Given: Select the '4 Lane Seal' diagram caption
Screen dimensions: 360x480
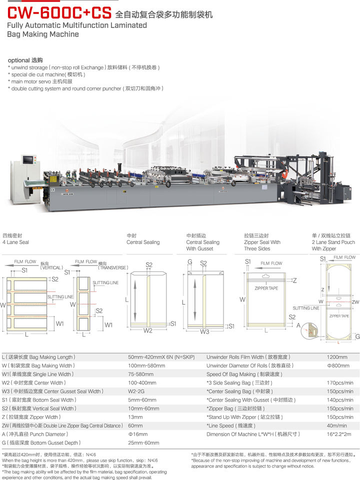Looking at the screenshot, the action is coord(15,242).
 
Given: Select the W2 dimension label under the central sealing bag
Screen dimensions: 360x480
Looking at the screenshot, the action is coord(147,331).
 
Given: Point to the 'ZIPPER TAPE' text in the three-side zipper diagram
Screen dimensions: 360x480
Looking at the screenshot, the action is coord(266,288).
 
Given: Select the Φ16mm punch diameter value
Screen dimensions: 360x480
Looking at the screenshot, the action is coord(136,434).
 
